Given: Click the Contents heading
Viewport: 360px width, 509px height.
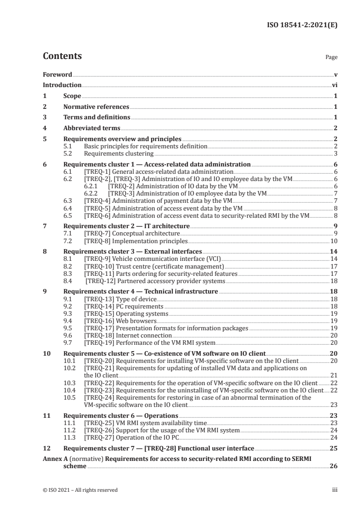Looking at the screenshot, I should [x=62, y=57].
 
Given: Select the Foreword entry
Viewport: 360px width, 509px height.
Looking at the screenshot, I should [x=57, y=74].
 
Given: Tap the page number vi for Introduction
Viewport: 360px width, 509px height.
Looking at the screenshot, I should [x=334, y=85].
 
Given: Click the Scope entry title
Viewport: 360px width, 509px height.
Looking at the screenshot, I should [x=72, y=96].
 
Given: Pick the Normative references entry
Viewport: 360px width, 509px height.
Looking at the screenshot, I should [x=96, y=107].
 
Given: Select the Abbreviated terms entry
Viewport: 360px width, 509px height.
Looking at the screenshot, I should [x=92, y=128].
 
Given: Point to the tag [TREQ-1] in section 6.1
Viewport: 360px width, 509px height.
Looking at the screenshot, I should [x=95, y=172].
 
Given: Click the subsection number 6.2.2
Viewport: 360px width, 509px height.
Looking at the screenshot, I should [x=92, y=193].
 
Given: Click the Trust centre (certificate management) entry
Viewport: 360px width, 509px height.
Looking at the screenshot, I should [x=154, y=265].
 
